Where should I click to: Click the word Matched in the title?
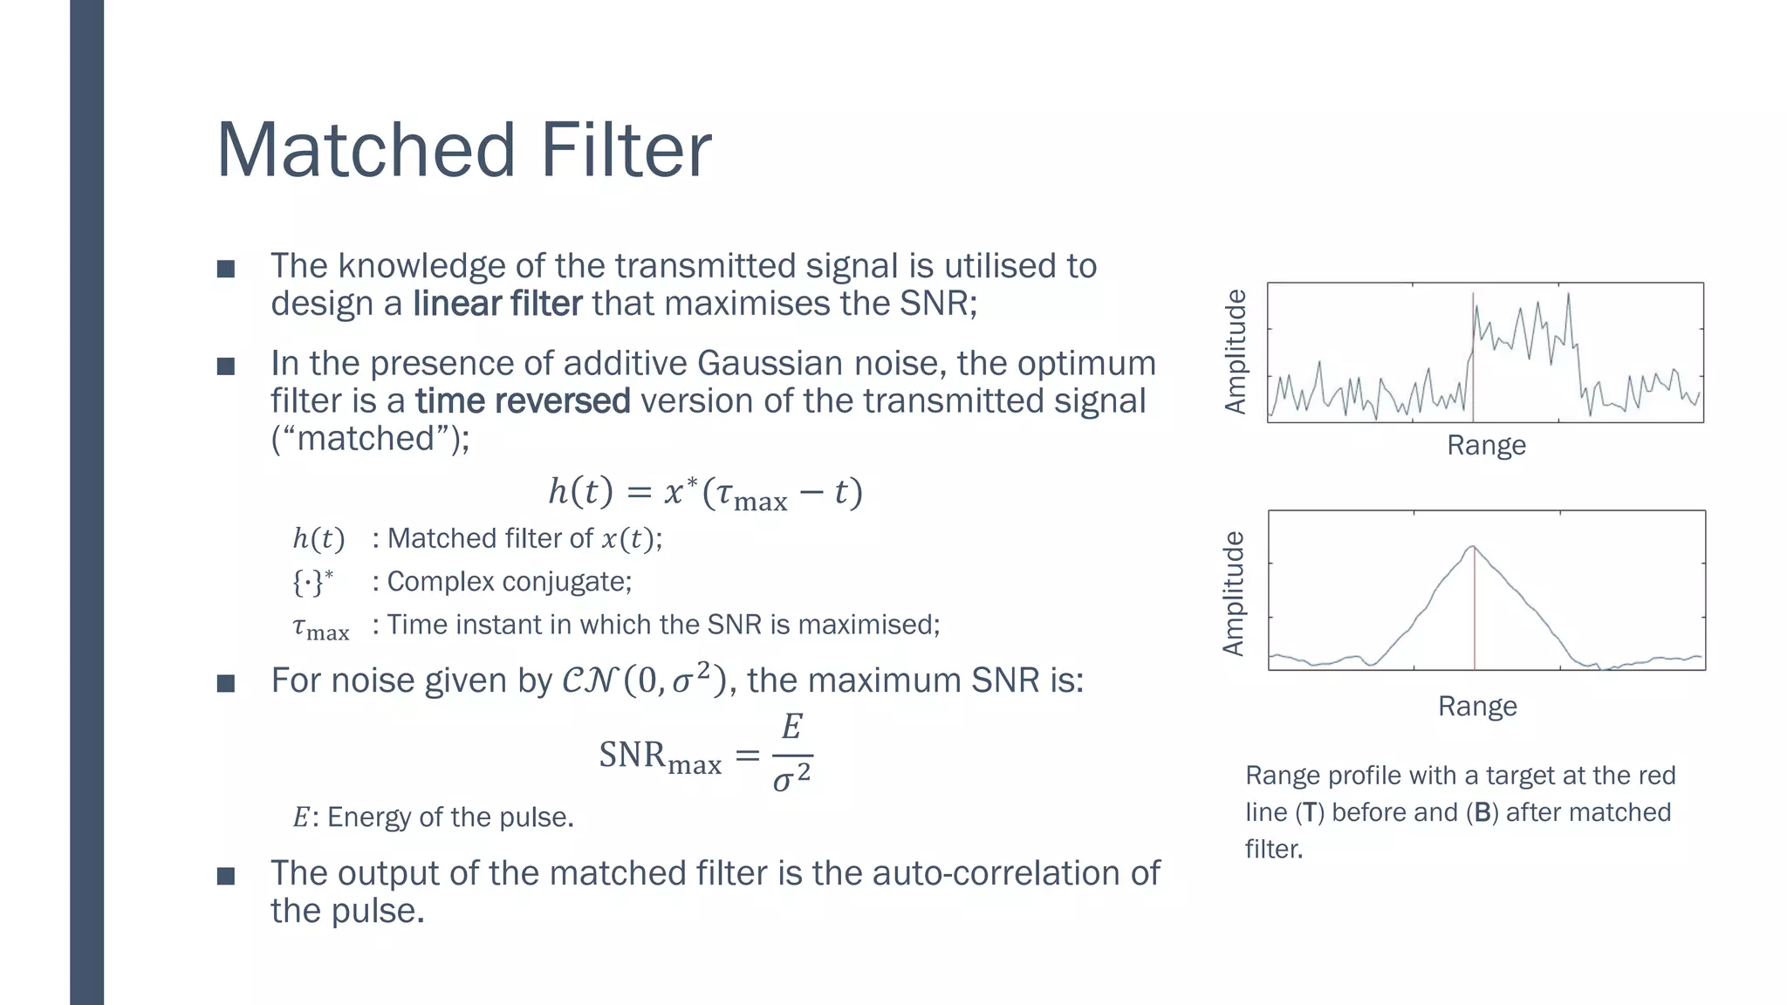tap(366, 150)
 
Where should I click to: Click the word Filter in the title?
tap(626, 150)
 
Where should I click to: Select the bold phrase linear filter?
tap(496, 304)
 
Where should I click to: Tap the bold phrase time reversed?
tap(522, 401)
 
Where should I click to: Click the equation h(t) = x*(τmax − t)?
tap(705, 493)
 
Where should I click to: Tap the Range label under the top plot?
tap(1486, 446)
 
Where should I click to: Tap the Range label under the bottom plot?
tap(1477, 706)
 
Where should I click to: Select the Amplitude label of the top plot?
tap(1236, 352)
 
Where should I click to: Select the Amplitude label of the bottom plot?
tap(1233, 593)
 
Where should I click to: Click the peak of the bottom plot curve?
tap(1473, 547)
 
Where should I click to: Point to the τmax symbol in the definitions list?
tap(320, 627)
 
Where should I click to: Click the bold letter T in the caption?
tap(1309, 813)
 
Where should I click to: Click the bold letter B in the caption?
tap(1482, 813)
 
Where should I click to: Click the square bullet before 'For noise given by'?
tap(226, 682)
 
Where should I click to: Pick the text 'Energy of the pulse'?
tap(449, 817)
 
